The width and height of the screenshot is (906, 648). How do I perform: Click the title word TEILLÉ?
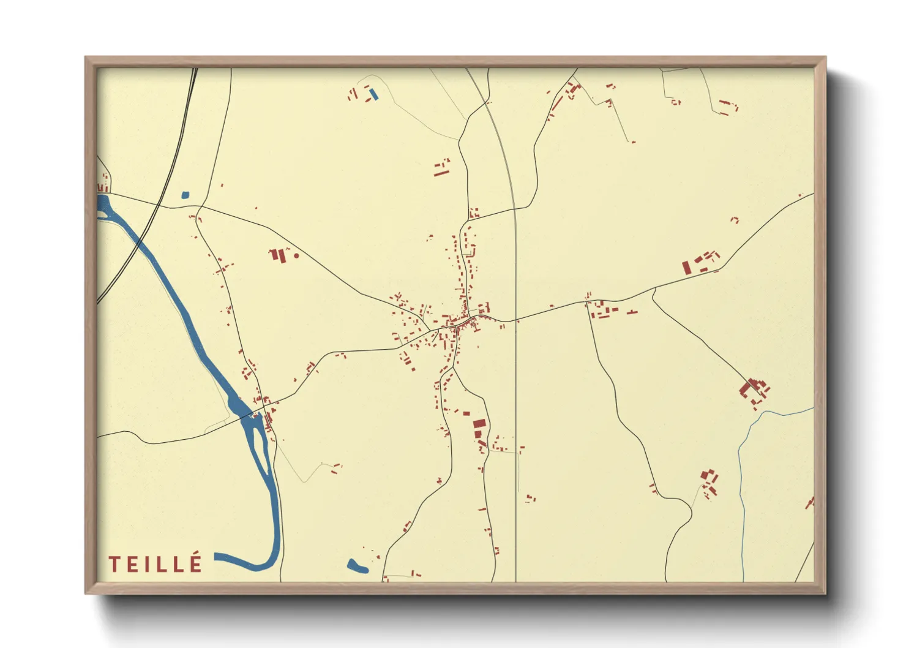[x=155, y=563]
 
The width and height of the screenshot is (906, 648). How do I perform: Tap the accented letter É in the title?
[x=196, y=562]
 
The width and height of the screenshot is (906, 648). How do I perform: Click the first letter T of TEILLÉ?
[x=114, y=564]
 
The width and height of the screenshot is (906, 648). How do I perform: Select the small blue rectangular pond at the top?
[x=373, y=94]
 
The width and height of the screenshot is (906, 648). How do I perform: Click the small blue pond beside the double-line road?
[x=185, y=195]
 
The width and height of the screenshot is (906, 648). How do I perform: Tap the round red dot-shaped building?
[x=296, y=255]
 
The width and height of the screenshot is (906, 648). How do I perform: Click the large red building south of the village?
[x=479, y=423]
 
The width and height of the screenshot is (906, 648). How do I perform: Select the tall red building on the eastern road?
[x=686, y=268]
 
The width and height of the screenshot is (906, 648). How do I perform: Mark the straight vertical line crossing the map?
[x=516, y=429]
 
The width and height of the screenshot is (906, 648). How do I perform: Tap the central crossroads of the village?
[x=466, y=320]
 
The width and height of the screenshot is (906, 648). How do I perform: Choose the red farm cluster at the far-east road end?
[x=754, y=390]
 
